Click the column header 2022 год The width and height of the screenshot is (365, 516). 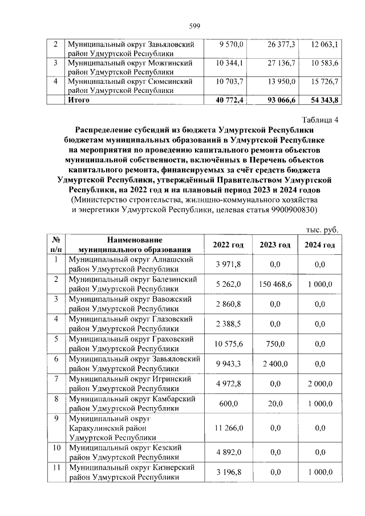click(228, 245)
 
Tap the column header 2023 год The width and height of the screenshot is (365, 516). click(275, 245)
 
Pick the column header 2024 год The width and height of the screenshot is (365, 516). click(319, 245)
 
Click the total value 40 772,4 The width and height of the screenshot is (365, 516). click(229, 100)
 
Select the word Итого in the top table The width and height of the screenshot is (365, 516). click(80, 100)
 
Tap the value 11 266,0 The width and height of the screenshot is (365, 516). click(229, 427)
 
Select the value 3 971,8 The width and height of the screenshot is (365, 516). click(229, 264)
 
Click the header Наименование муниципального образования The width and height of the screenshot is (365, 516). click(133, 245)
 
